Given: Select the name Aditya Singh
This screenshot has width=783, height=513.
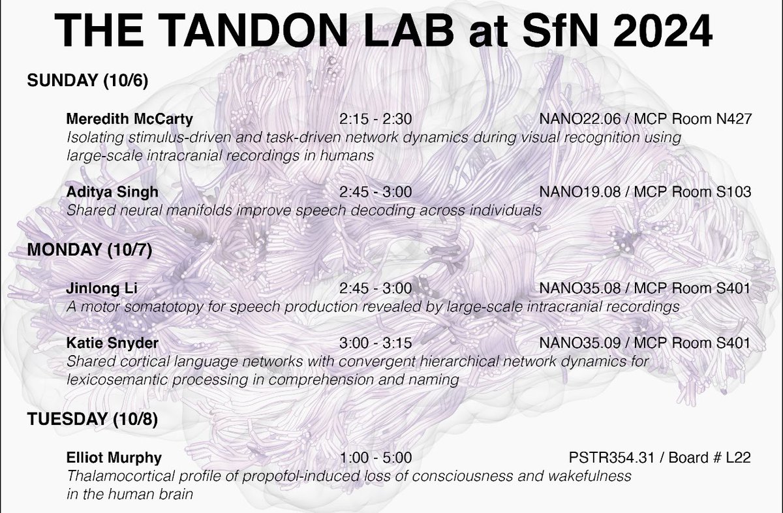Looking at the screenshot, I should click(112, 192).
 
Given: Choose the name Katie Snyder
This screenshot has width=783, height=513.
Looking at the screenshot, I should click(112, 343).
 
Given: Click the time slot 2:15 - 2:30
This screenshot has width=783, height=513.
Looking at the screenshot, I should click(375, 119).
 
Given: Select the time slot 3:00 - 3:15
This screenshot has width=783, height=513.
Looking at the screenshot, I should click(375, 343).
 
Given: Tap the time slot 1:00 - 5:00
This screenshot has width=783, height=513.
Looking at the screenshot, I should click(375, 458).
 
